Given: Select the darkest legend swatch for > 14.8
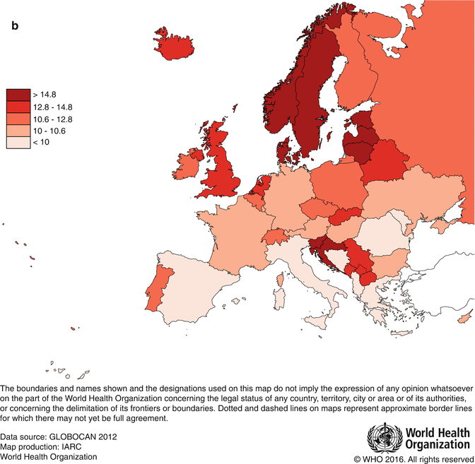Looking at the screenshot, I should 18,94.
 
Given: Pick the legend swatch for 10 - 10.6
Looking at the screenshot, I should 18,131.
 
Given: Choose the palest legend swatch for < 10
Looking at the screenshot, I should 18,143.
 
